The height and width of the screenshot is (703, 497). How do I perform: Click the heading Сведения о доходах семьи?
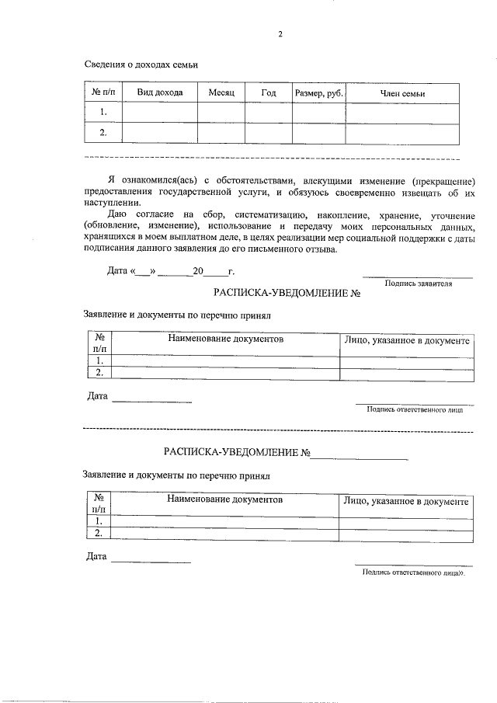click(x=141, y=65)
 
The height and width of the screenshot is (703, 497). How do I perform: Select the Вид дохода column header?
click(x=160, y=93)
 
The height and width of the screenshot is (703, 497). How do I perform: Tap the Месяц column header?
click(x=221, y=93)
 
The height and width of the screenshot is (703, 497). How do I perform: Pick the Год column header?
click(x=268, y=93)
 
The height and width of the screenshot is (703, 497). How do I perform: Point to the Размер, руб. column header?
click(x=318, y=93)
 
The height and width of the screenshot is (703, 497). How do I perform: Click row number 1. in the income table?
click(x=103, y=113)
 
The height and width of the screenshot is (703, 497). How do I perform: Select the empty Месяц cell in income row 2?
click(x=221, y=134)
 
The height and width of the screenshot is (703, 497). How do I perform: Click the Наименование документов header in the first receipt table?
click(x=226, y=340)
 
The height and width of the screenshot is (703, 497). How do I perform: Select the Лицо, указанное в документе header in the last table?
click(x=406, y=502)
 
